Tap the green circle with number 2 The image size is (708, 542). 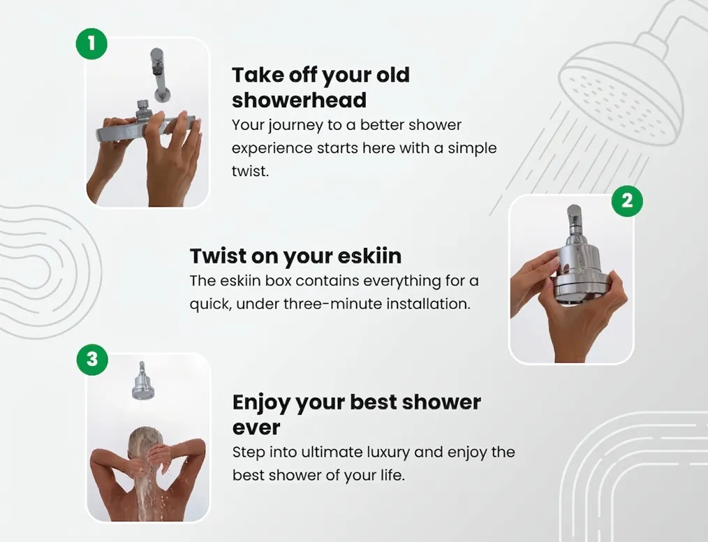point(626,201)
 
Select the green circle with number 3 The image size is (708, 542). point(91,360)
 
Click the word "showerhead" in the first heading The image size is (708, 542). point(299,101)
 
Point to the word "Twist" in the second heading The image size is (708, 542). point(217,256)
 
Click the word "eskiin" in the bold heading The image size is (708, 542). point(367,256)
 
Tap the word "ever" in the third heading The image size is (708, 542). point(256,427)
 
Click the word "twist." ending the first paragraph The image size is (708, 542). point(250,171)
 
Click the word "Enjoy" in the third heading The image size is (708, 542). point(261,403)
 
